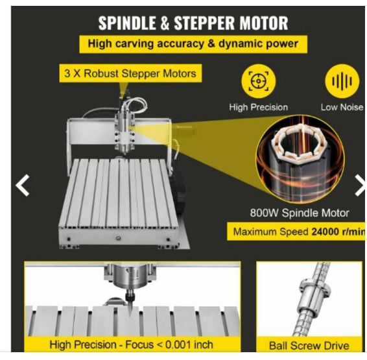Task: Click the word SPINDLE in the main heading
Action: (127, 23)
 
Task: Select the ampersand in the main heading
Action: (165, 23)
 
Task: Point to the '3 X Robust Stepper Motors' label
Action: (130, 73)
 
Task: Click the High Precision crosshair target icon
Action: (259, 81)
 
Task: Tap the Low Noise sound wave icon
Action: (342, 81)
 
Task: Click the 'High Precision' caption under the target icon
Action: (259, 107)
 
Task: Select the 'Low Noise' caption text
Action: (342, 107)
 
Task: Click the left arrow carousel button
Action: (23, 185)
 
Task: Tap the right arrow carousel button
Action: (361, 185)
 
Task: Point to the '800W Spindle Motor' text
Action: (300, 213)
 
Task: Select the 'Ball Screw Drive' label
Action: (309, 346)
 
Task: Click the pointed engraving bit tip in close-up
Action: (130, 315)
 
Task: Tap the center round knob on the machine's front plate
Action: (119, 238)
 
